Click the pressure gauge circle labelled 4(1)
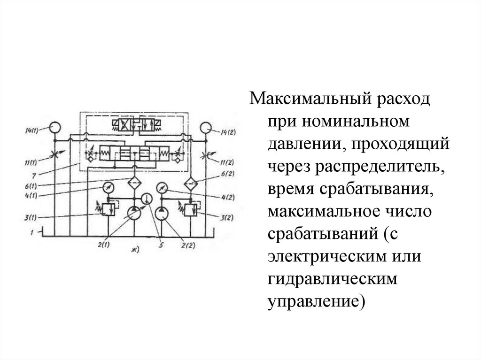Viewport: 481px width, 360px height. pos(109,187)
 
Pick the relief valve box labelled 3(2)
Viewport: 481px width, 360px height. pos(191,208)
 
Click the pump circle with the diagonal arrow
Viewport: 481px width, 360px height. pos(133,214)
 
